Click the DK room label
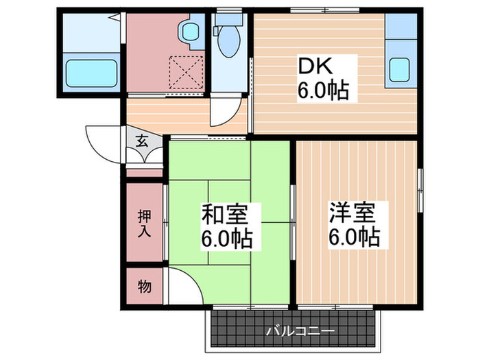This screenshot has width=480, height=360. pos(313,67)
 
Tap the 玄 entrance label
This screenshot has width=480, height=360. pos(142,141)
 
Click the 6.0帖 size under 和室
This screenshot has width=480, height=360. pos(226,239)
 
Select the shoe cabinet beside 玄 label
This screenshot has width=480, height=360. pos(146,156)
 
